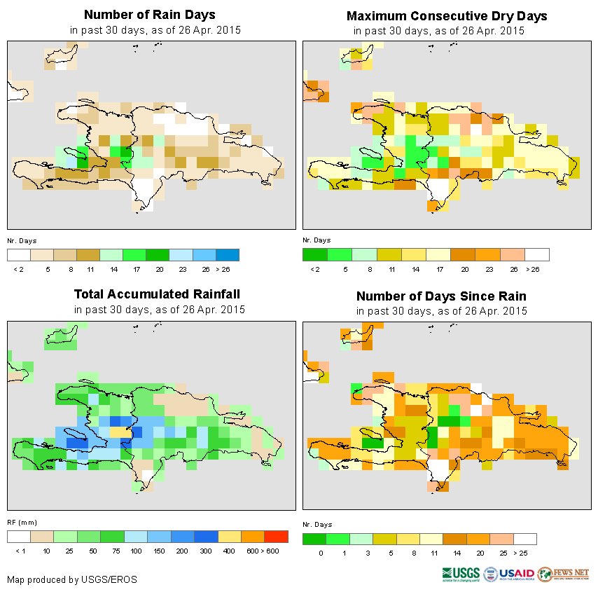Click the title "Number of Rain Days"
coord(149,15)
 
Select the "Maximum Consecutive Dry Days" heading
coord(447,15)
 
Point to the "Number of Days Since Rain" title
coord(441,296)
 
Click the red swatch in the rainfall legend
coord(277,537)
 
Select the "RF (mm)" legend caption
coord(22,522)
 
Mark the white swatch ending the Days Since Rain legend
coord(524,539)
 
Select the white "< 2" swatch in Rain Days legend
coord(19,254)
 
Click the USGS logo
coord(461,574)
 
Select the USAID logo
coord(509,574)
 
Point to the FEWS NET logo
coord(563,574)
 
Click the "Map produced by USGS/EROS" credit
coord(72,579)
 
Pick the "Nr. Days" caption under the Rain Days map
coord(22,240)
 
